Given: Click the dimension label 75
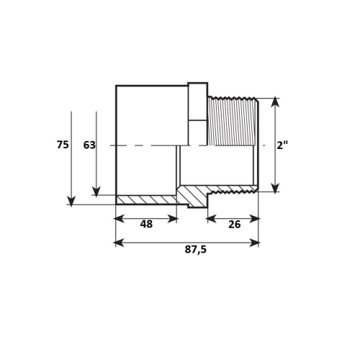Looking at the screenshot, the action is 63,145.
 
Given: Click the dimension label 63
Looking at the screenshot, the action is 89,145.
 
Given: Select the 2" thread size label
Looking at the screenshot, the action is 282,145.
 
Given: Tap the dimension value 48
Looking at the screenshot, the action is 146,224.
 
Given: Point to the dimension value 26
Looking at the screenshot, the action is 235,225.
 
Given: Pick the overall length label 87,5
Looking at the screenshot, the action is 196,250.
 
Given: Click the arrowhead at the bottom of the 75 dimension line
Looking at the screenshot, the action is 71,201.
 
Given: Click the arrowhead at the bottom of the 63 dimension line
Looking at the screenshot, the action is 96,192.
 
